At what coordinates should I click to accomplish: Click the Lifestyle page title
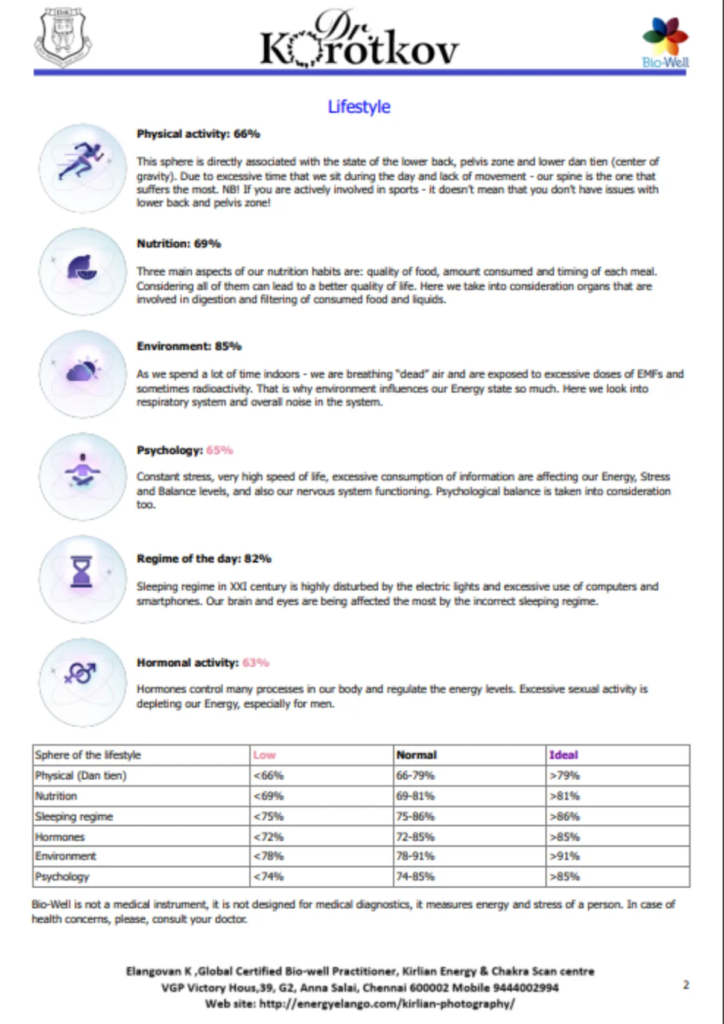click(359, 107)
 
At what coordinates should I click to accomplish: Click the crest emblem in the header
click(63, 37)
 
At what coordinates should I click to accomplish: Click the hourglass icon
click(82, 572)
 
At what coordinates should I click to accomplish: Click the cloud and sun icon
click(82, 370)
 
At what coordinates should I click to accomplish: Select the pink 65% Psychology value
click(220, 450)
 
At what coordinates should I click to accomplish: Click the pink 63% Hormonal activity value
click(256, 663)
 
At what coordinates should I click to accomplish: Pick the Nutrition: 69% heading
click(179, 244)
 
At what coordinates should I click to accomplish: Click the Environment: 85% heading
click(189, 346)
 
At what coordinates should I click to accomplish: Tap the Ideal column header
click(564, 755)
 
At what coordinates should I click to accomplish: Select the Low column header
click(264, 755)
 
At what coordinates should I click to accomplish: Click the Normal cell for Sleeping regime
click(416, 816)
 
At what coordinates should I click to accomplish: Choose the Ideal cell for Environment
click(565, 856)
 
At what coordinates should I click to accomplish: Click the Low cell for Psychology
click(268, 877)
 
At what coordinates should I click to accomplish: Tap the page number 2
click(685, 985)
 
